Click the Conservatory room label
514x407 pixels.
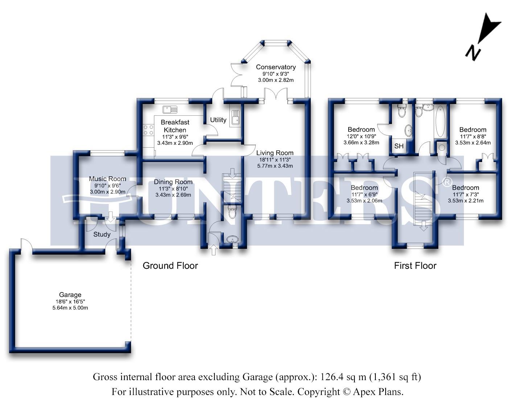[x=276, y=67]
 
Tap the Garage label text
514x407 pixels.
[x=70, y=295]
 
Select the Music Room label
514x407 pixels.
[x=107, y=178]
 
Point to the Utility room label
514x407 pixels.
[x=218, y=120]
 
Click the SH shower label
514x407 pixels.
[x=399, y=146]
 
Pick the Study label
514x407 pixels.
[x=102, y=234]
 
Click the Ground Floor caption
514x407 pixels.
[x=170, y=266]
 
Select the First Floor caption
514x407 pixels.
[x=415, y=266]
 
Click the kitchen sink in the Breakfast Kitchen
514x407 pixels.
[x=169, y=109]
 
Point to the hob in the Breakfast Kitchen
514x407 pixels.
[x=148, y=130]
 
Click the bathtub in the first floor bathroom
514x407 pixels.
[x=440, y=121]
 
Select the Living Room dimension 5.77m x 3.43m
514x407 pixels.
[x=275, y=166]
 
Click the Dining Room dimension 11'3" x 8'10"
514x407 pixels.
[x=173, y=189]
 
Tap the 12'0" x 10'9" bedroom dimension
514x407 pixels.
[x=361, y=136]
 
